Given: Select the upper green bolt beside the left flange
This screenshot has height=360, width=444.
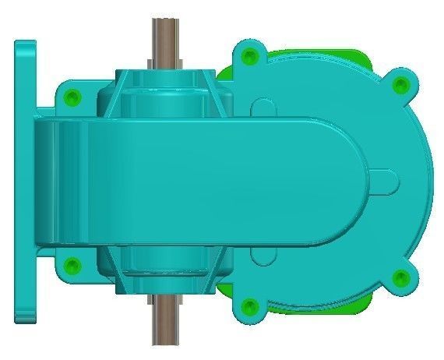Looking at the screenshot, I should coord(72,97).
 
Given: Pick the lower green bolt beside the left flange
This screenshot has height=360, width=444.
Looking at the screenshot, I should coord(72,266).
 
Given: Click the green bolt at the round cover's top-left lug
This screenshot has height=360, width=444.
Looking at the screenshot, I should coord(248,56).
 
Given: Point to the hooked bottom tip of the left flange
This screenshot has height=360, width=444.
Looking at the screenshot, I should coord(24,316).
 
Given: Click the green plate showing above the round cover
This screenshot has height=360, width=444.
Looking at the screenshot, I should coord(327,55).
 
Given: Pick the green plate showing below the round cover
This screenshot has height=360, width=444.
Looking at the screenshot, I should coord(327,308).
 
